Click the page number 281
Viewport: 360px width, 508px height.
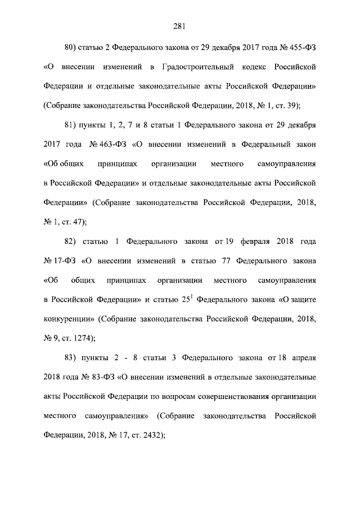click(x=179, y=25)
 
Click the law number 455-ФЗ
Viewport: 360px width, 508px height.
click(x=302, y=46)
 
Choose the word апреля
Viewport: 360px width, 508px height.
click(x=303, y=358)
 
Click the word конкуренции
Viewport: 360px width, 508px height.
click(x=68, y=319)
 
